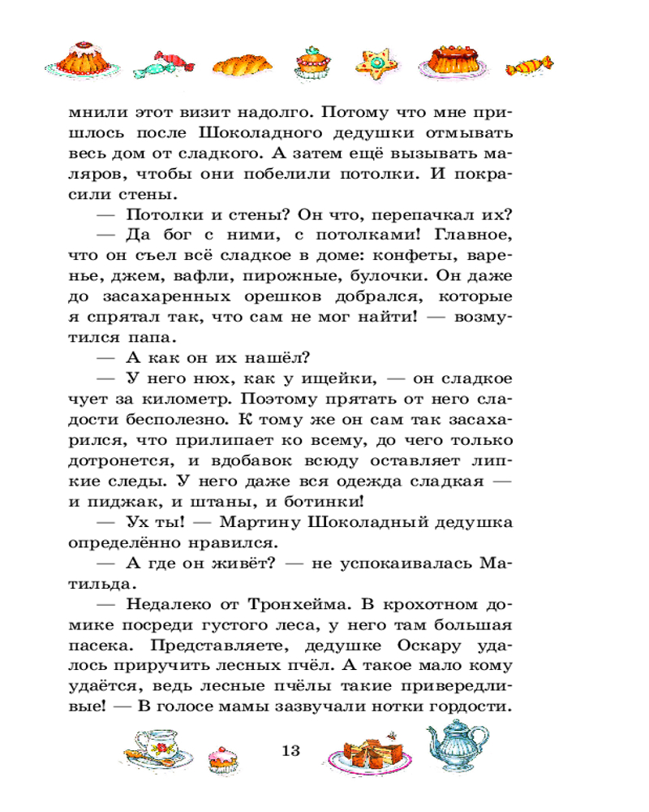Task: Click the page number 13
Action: coord(290,749)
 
